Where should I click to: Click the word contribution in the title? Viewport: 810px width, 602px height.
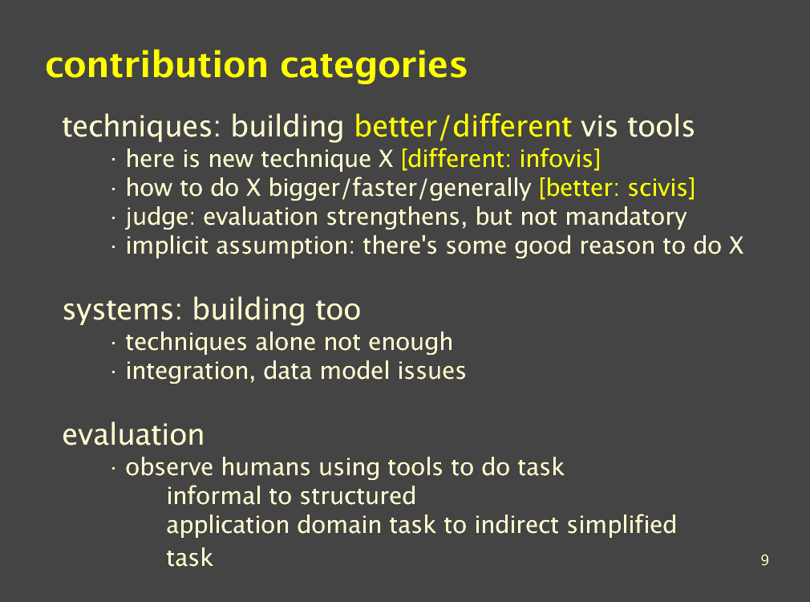click(x=157, y=65)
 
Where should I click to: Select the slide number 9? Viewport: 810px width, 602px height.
click(x=764, y=560)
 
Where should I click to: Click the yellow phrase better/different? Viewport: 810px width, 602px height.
click(x=464, y=126)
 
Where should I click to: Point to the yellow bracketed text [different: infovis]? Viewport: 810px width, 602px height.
click(x=500, y=159)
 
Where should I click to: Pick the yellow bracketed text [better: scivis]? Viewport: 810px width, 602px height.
click(x=617, y=188)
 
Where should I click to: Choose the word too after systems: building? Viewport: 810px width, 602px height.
click(x=338, y=310)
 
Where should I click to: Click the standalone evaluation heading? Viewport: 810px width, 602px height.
click(x=133, y=434)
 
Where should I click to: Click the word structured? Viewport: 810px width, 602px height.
click(x=358, y=495)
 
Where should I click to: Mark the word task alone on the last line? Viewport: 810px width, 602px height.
click(x=189, y=558)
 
